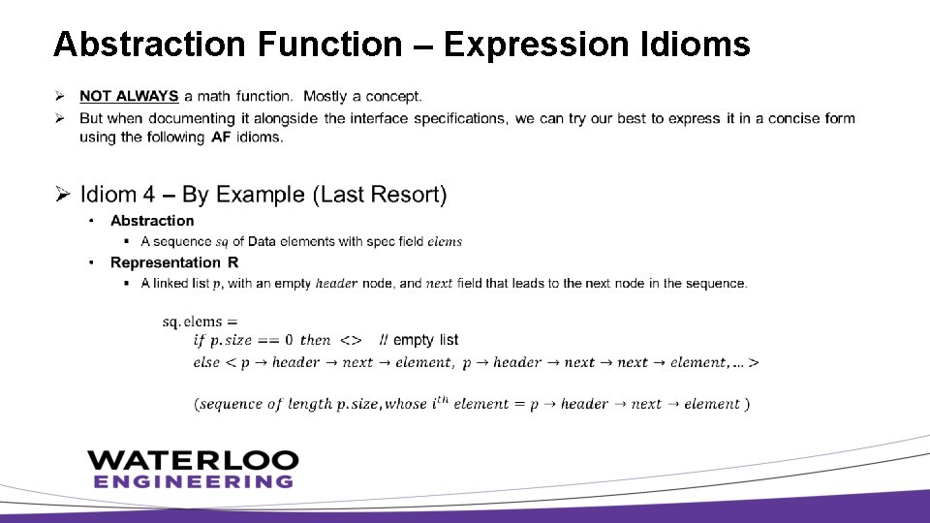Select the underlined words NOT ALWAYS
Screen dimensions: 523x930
point(129,96)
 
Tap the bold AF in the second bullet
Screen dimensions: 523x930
point(221,137)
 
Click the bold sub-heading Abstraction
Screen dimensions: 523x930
point(152,221)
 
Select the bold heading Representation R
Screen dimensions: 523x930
point(174,262)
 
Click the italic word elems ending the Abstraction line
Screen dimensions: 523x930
point(445,241)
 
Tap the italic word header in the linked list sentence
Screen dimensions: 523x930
point(337,284)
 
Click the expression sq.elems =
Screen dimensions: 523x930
point(201,322)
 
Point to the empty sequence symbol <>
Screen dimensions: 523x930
point(352,340)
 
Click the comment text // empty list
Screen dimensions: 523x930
point(419,340)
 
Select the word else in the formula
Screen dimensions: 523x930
point(206,362)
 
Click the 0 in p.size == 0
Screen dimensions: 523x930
point(289,340)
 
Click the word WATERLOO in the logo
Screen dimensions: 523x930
point(193,460)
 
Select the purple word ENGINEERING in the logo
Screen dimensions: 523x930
point(193,481)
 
